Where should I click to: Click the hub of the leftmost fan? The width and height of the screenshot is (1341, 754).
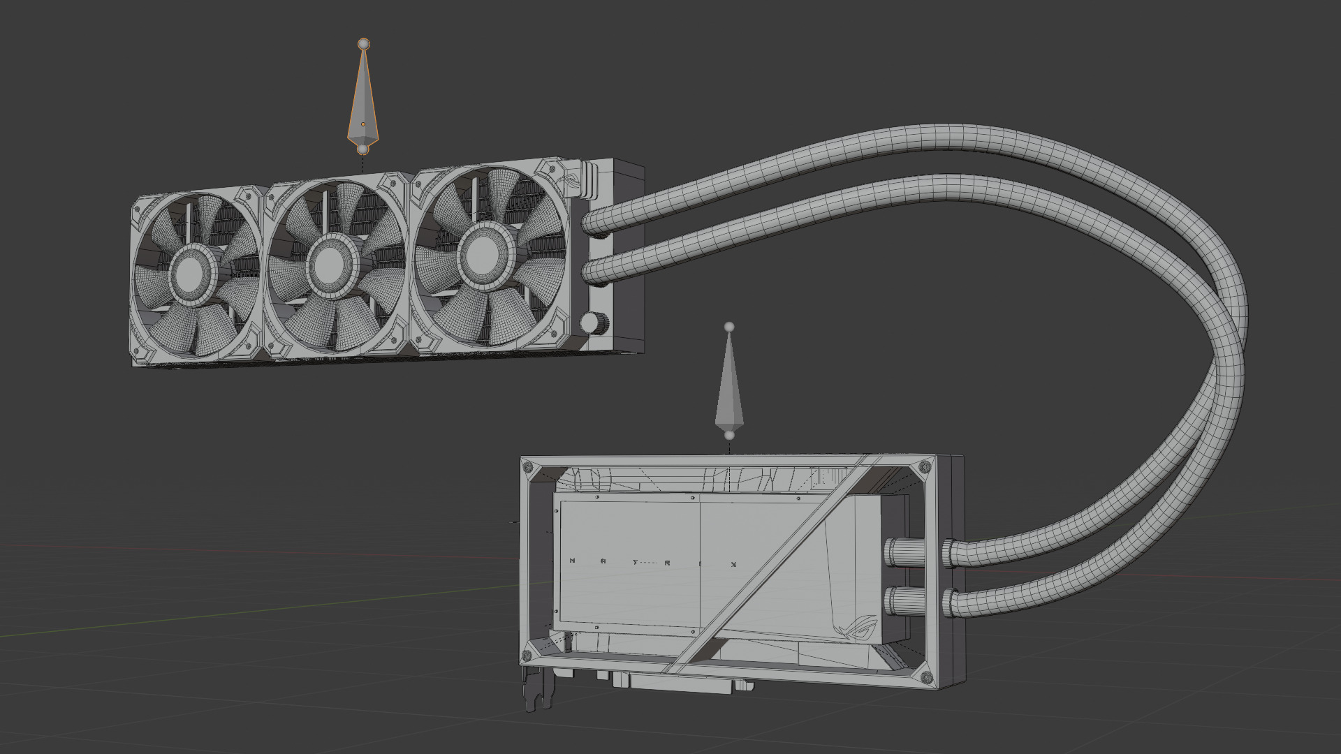point(189,276)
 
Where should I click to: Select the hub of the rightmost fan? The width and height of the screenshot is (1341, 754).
point(481,249)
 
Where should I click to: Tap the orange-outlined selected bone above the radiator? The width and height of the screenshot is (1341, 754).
point(362,105)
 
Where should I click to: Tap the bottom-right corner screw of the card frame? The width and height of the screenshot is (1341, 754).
point(926,677)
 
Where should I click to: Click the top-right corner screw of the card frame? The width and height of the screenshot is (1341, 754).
point(926,466)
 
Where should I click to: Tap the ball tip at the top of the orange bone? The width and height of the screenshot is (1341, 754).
point(363,44)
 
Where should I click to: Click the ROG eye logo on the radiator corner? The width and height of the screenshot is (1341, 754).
point(569,178)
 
